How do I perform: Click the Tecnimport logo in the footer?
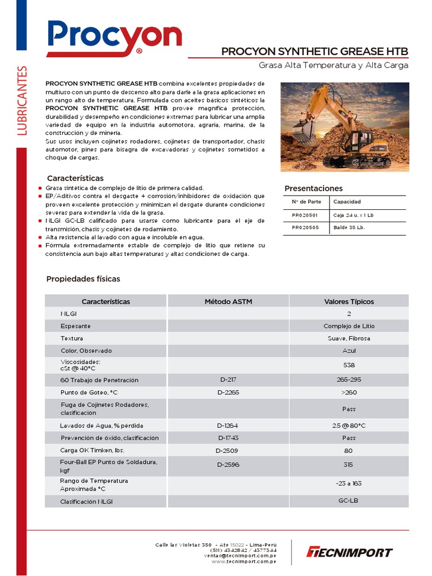point(349,552)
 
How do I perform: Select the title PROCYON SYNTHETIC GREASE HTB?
point(314,52)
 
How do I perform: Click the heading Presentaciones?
point(313,188)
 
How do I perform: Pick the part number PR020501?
point(304,215)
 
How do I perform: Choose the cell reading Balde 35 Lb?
point(349,228)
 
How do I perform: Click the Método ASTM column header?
point(228,301)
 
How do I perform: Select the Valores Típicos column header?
point(349,301)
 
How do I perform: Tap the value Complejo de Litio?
point(349,326)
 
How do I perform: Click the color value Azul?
point(349,350)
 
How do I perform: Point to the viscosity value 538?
point(349,364)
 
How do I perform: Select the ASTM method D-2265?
point(228,392)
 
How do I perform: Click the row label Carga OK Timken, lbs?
point(92,451)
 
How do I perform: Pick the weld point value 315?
point(349,465)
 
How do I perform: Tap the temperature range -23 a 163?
point(349,483)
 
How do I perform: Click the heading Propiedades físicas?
point(83,279)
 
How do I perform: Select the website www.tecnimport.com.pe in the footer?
point(244,561)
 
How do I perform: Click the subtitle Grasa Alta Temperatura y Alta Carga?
point(333,65)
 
